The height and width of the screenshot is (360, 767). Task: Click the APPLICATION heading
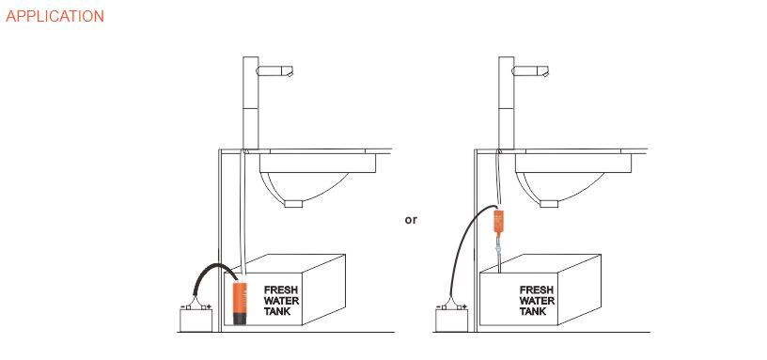pyautogui.click(x=55, y=16)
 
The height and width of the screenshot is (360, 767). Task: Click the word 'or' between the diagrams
pyautogui.click(x=411, y=220)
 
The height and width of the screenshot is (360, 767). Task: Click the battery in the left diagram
pyautogui.click(x=196, y=320)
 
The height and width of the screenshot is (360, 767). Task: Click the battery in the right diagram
pyautogui.click(x=451, y=320)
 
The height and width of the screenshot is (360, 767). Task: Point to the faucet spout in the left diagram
pyautogui.click(x=274, y=71)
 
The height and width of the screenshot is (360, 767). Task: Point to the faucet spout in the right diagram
pyautogui.click(x=530, y=71)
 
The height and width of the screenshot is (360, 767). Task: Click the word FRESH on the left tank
pyautogui.click(x=281, y=290)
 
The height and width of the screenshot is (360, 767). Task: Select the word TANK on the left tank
pyautogui.click(x=277, y=311)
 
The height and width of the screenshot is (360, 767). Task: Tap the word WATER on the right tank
pyautogui.click(x=537, y=301)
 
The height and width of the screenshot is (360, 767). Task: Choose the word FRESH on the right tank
pyautogui.click(x=536, y=290)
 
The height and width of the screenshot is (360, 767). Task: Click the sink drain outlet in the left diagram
pyautogui.click(x=294, y=204)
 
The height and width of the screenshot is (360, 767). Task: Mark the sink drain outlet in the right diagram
pyautogui.click(x=549, y=204)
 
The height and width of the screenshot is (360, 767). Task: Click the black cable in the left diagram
pyautogui.click(x=211, y=268)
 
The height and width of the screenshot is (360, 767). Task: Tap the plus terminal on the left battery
pyautogui.click(x=209, y=307)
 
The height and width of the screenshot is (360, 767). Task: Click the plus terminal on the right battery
pyautogui.click(x=464, y=307)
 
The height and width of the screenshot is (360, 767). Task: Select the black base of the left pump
pyautogui.click(x=240, y=321)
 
